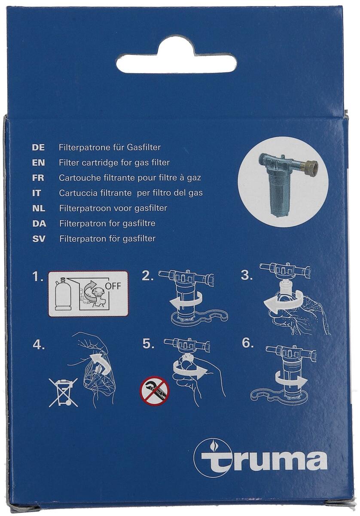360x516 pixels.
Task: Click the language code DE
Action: [38, 147]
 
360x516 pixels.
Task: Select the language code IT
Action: [37, 193]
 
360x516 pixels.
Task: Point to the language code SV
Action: [39, 238]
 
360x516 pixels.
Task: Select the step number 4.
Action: [39, 344]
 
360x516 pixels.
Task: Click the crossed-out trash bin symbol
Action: [63, 392]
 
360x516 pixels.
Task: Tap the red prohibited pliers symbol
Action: [155, 391]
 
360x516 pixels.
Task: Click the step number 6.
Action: [247, 343]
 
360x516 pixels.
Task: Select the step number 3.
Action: [247, 276]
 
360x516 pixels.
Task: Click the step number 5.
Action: [147, 344]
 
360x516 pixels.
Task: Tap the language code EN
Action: [38, 163]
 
